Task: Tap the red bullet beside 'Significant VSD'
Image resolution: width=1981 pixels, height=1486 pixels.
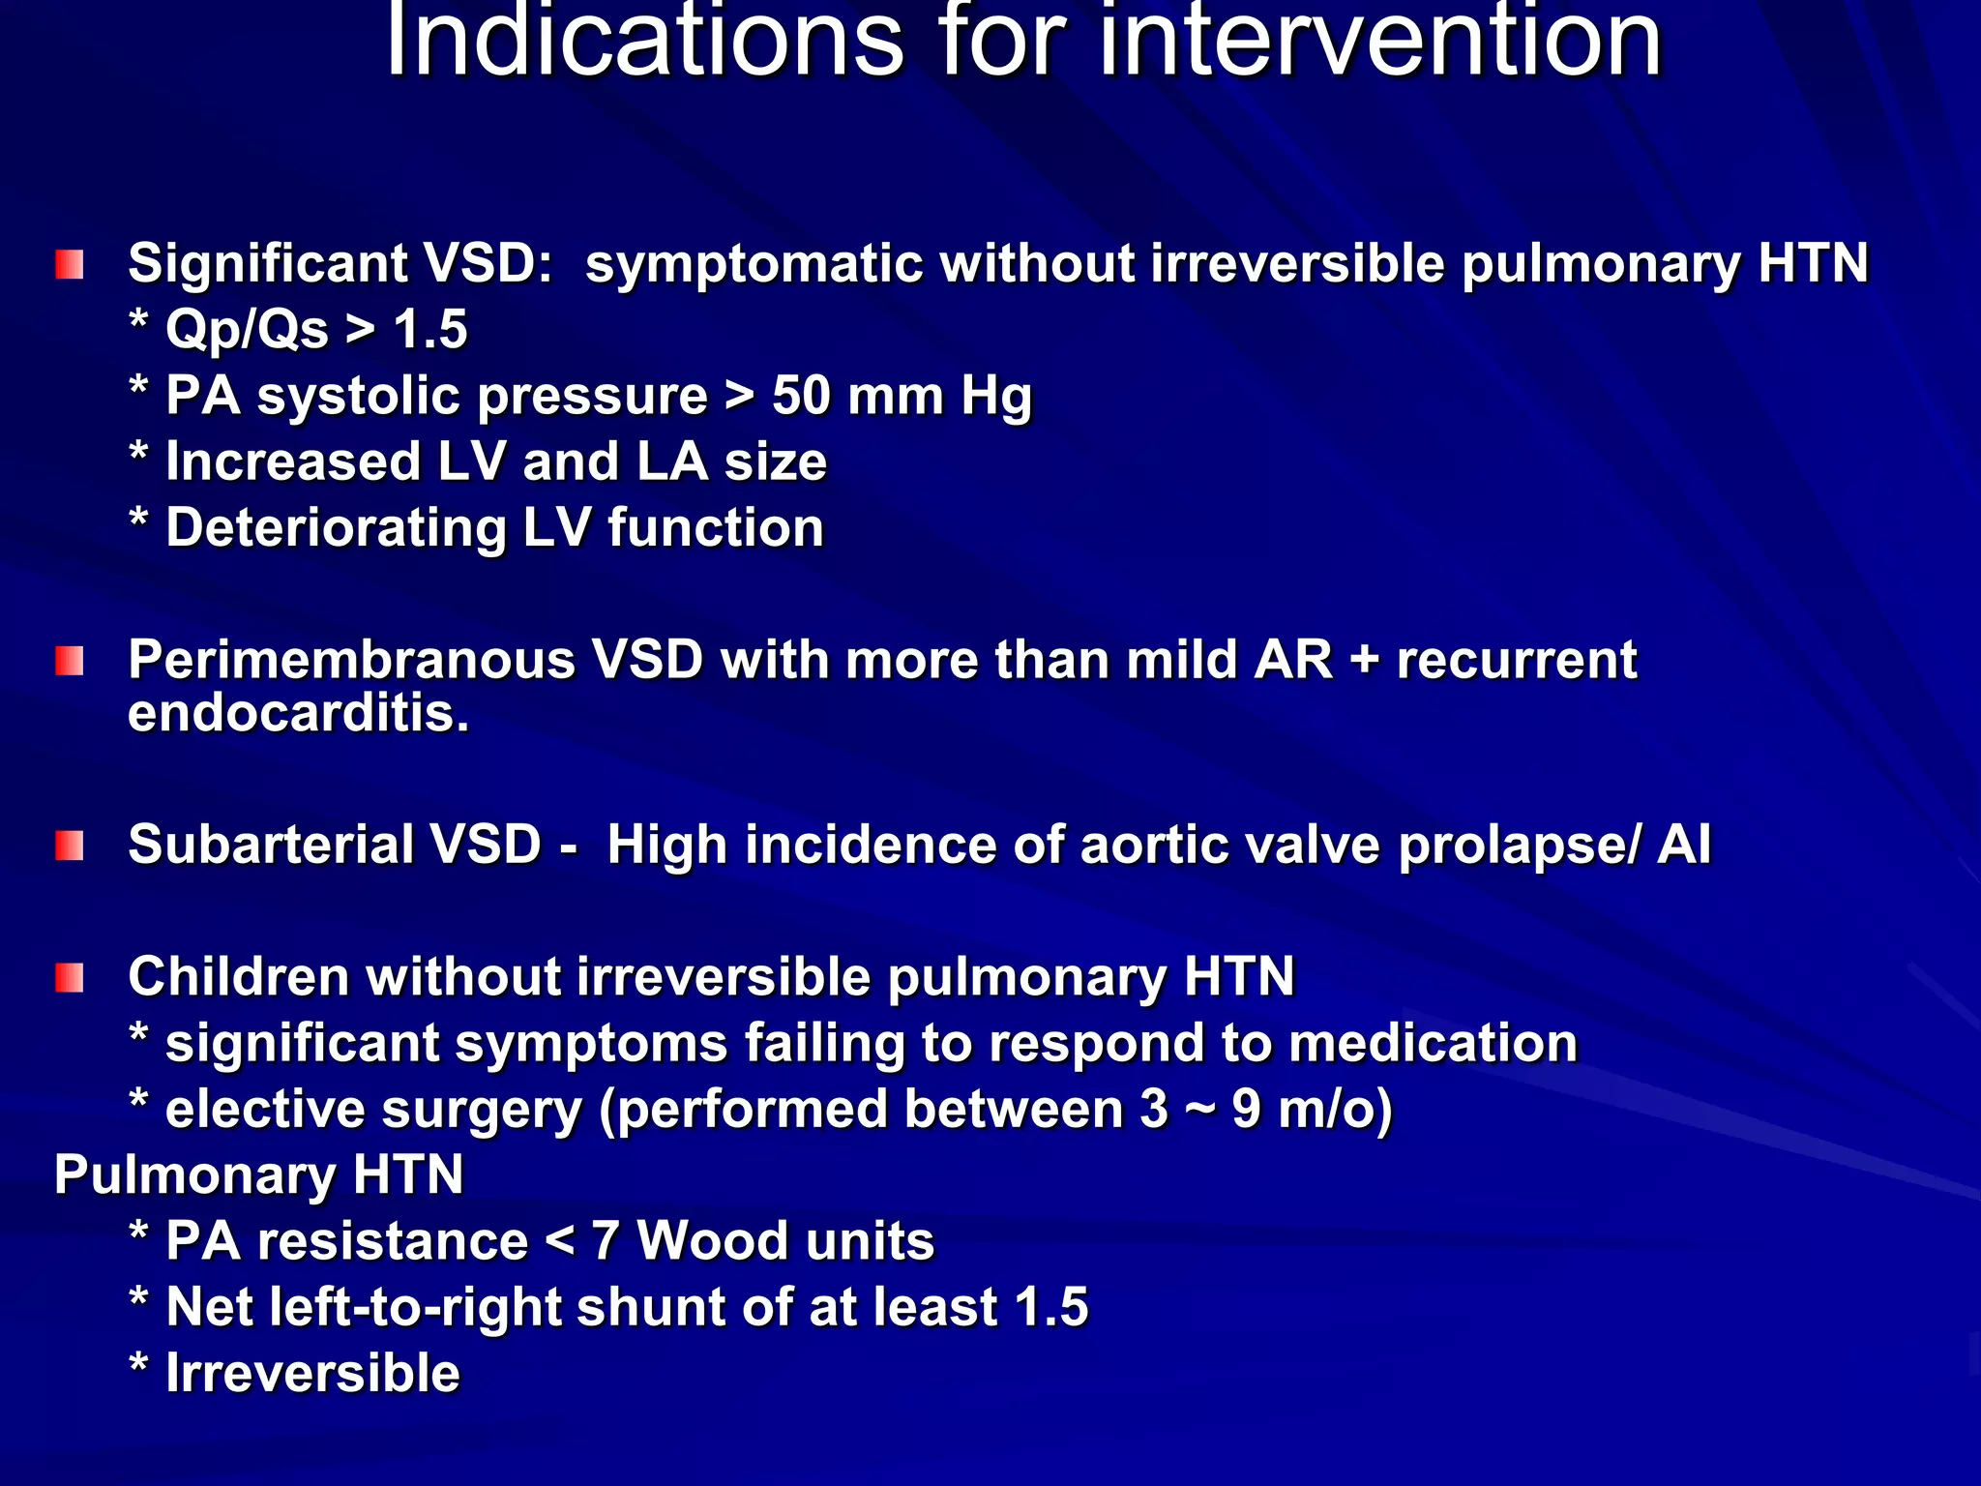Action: click(70, 264)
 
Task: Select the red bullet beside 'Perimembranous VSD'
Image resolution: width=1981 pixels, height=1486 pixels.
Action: click(70, 662)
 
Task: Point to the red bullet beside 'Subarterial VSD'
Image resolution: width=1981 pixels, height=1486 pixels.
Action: click(70, 846)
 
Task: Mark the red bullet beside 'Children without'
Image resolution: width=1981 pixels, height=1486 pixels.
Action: click(70, 978)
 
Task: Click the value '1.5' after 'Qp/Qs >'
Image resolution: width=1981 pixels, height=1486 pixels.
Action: click(430, 329)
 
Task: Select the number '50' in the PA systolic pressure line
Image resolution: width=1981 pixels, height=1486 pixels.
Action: click(801, 396)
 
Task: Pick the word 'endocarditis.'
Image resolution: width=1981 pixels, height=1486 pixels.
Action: click(298, 714)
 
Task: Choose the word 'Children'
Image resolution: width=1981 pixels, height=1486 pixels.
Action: click(238, 977)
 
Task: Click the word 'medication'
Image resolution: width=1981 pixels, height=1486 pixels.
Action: click(1433, 1043)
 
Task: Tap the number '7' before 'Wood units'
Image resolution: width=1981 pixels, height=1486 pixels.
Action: click(605, 1241)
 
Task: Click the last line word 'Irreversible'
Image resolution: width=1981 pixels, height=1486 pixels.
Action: click(312, 1374)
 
